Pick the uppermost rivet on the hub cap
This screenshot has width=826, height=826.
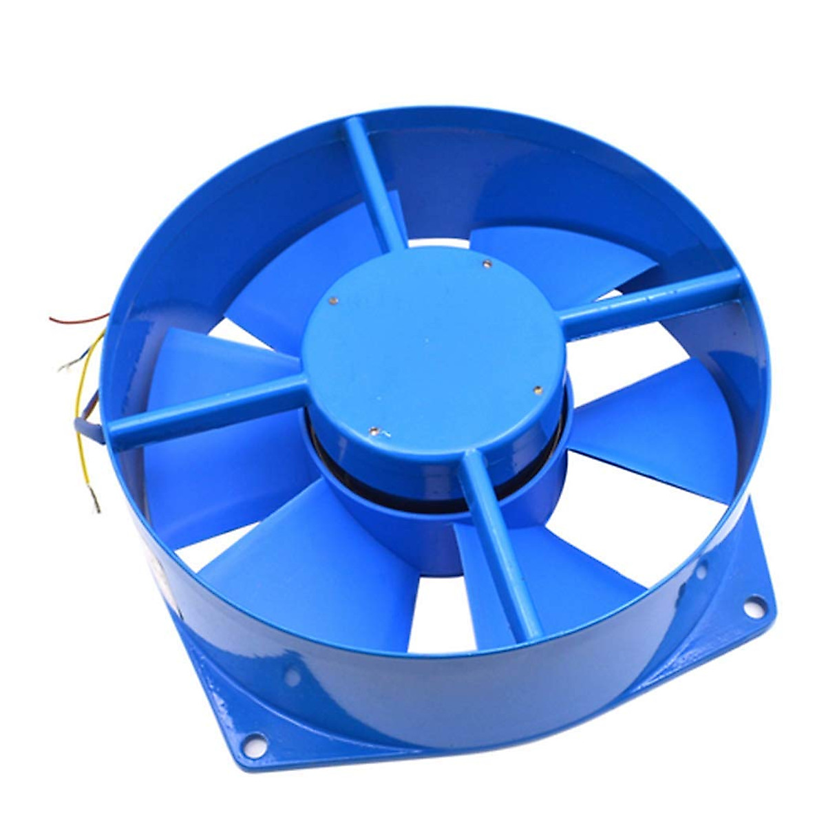(486, 262)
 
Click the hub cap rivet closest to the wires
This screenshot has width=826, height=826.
(333, 300)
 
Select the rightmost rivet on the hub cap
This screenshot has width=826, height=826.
(538, 390)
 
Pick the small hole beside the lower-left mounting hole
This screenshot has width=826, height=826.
(292, 678)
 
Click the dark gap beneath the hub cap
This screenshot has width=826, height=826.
(441, 492)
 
